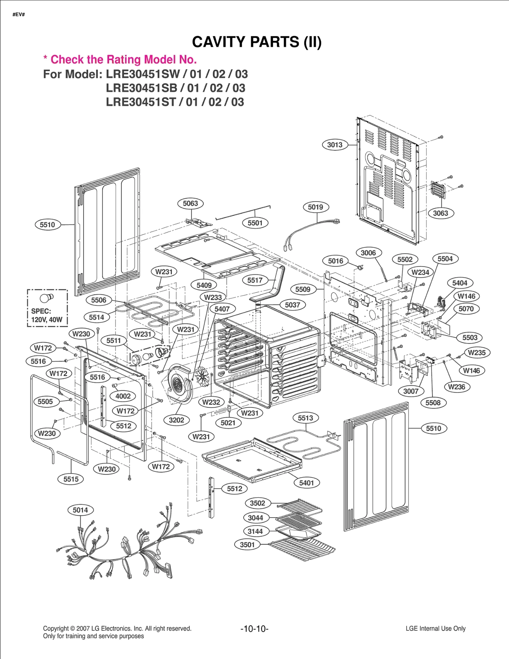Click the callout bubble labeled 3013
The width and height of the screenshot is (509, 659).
click(x=335, y=145)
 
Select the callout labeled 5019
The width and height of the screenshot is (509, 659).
click(x=315, y=207)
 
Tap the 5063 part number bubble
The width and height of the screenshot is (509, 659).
click(x=190, y=203)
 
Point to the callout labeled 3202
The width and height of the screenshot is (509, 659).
click(x=176, y=420)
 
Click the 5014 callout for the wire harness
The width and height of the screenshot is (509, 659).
click(x=80, y=510)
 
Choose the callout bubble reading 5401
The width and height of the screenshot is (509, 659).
click(x=306, y=483)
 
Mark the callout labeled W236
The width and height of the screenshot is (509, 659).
click(x=457, y=387)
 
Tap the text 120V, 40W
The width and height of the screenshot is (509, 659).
click(x=47, y=319)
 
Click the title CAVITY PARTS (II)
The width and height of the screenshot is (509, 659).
click(x=257, y=42)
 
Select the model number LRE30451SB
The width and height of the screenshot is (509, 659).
click(x=141, y=88)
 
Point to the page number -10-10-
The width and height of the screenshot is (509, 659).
click(x=254, y=628)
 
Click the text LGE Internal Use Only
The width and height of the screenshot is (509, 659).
click(x=435, y=628)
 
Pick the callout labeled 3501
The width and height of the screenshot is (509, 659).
click(x=247, y=545)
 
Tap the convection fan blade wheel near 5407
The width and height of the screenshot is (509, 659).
click(x=202, y=376)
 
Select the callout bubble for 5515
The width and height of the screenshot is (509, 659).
click(x=71, y=479)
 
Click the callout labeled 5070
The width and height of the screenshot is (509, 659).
click(x=466, y=309)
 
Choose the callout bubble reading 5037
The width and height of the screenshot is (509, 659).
click(x=292, y=305)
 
